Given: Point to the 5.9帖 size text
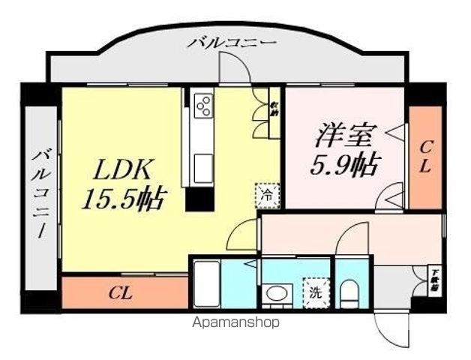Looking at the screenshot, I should pos(343,163).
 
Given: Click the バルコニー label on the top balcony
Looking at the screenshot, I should pos(232,43).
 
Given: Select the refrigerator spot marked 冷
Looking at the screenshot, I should pos(267,194).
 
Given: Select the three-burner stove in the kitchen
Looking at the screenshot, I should pos(203,106).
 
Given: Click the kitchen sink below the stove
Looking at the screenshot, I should pos(203,164).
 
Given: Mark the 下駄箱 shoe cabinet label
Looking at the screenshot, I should pos(433,278).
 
